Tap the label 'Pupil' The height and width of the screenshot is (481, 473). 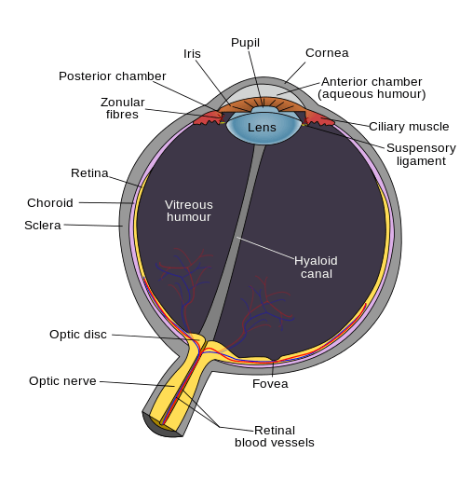tap(245, 43)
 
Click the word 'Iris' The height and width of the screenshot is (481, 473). tap(192, 54)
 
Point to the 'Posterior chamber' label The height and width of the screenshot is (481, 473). tap(113, 76)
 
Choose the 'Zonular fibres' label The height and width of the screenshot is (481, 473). tap(121, 108)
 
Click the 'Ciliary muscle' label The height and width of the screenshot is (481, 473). tap(409, 126)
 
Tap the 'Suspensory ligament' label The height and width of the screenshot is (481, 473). tap(421, 154)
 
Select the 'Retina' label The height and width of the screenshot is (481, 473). tap(89, 172)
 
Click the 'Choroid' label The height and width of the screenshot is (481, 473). tap(50, 202)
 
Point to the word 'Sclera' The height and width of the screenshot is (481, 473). tap(43, 225)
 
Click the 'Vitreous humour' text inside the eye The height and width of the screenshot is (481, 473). tap(189, 211)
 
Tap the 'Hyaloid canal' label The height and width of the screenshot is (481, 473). tap(316, 267)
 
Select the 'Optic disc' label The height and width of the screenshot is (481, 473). tap(78, 334)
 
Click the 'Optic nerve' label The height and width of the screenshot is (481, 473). tap(62, 380)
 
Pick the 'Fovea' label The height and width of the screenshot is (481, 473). tap(270, 383)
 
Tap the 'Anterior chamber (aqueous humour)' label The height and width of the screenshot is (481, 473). tap(372, 88)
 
